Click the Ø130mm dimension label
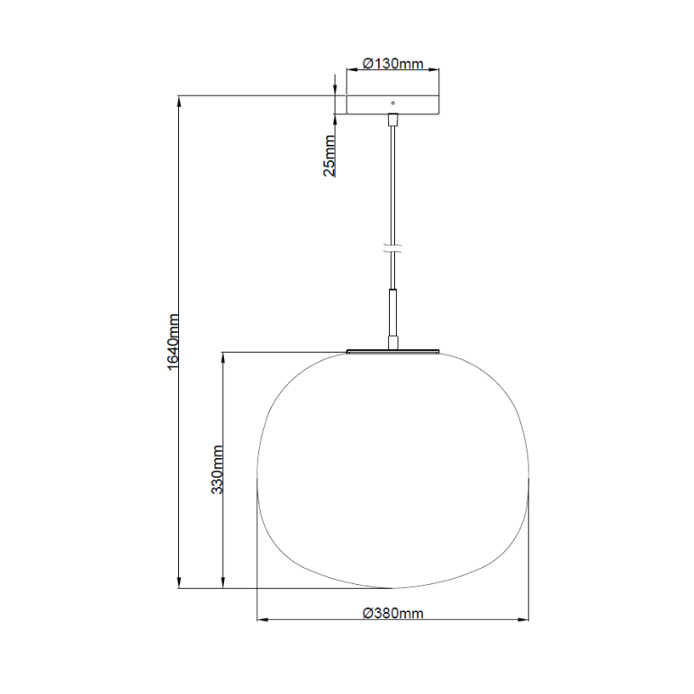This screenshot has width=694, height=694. tap(392, 64)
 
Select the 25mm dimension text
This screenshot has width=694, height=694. tap(330, 155)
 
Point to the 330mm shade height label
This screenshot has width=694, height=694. tap(217, 469)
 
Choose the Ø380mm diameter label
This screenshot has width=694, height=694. tap(392, 612)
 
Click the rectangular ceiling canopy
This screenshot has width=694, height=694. tap(392, 104)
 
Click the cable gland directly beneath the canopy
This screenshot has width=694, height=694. tap(392, 122)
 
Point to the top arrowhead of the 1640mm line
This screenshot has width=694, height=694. tap(181, 100)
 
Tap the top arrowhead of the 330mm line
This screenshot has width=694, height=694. tap(223, 356)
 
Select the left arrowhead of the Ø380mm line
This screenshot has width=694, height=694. tap(263, 620)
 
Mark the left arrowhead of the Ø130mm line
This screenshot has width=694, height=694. tap(351, 71)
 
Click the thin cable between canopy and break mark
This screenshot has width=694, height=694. tap(392, 180)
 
